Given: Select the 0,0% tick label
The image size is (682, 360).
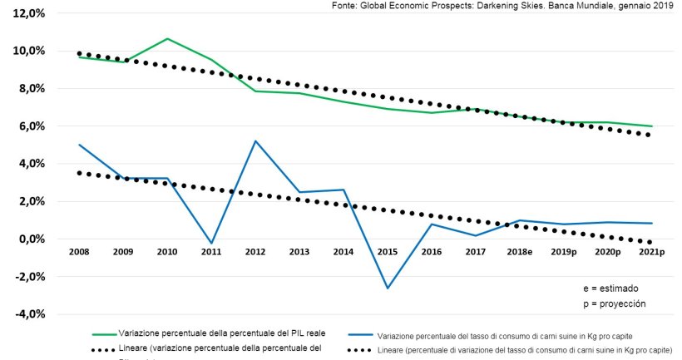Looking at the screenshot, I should tap(27, 239).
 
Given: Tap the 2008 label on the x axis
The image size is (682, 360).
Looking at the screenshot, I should tap(79, 251).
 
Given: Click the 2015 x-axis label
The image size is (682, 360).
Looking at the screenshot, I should tap(387, 251).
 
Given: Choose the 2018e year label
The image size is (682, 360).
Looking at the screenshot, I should tap(518, 251).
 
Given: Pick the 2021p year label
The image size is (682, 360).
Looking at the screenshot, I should tap(651, 251).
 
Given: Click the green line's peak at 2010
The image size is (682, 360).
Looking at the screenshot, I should tap(167, 39).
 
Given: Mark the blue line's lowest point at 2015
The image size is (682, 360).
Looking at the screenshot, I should tap(387, 288).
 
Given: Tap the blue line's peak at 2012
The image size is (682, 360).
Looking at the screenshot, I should tap(255, 141).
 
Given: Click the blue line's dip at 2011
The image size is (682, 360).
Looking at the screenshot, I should tap(211, 244).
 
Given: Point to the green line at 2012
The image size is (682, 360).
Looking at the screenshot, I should tap(255, 91).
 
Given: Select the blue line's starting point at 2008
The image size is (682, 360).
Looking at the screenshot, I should tap(79, 145).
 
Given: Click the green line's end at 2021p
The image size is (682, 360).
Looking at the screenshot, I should tap(652, 126).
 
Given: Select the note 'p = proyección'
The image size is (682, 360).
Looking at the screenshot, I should tap(614, 303).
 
